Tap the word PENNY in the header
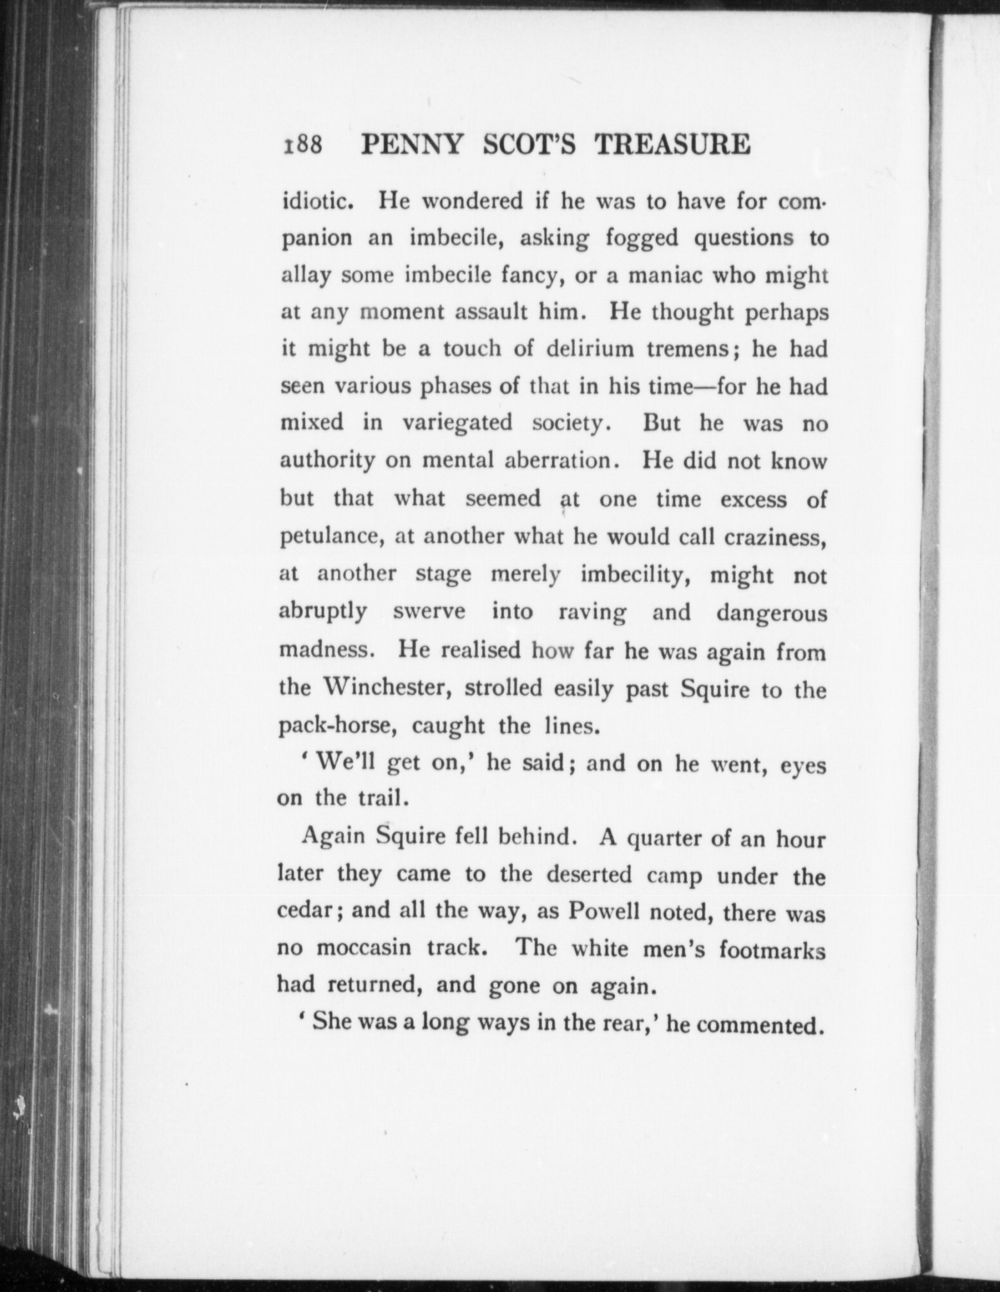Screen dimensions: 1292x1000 pos(411,145)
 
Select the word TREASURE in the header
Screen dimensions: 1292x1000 pos(673,145)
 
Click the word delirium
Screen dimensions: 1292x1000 pos(589,350)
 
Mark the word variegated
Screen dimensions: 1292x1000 pos(457,424)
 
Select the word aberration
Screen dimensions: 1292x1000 pos(556,461)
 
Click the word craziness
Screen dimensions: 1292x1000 pos(774,536)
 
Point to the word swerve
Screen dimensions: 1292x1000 pos(429,611)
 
